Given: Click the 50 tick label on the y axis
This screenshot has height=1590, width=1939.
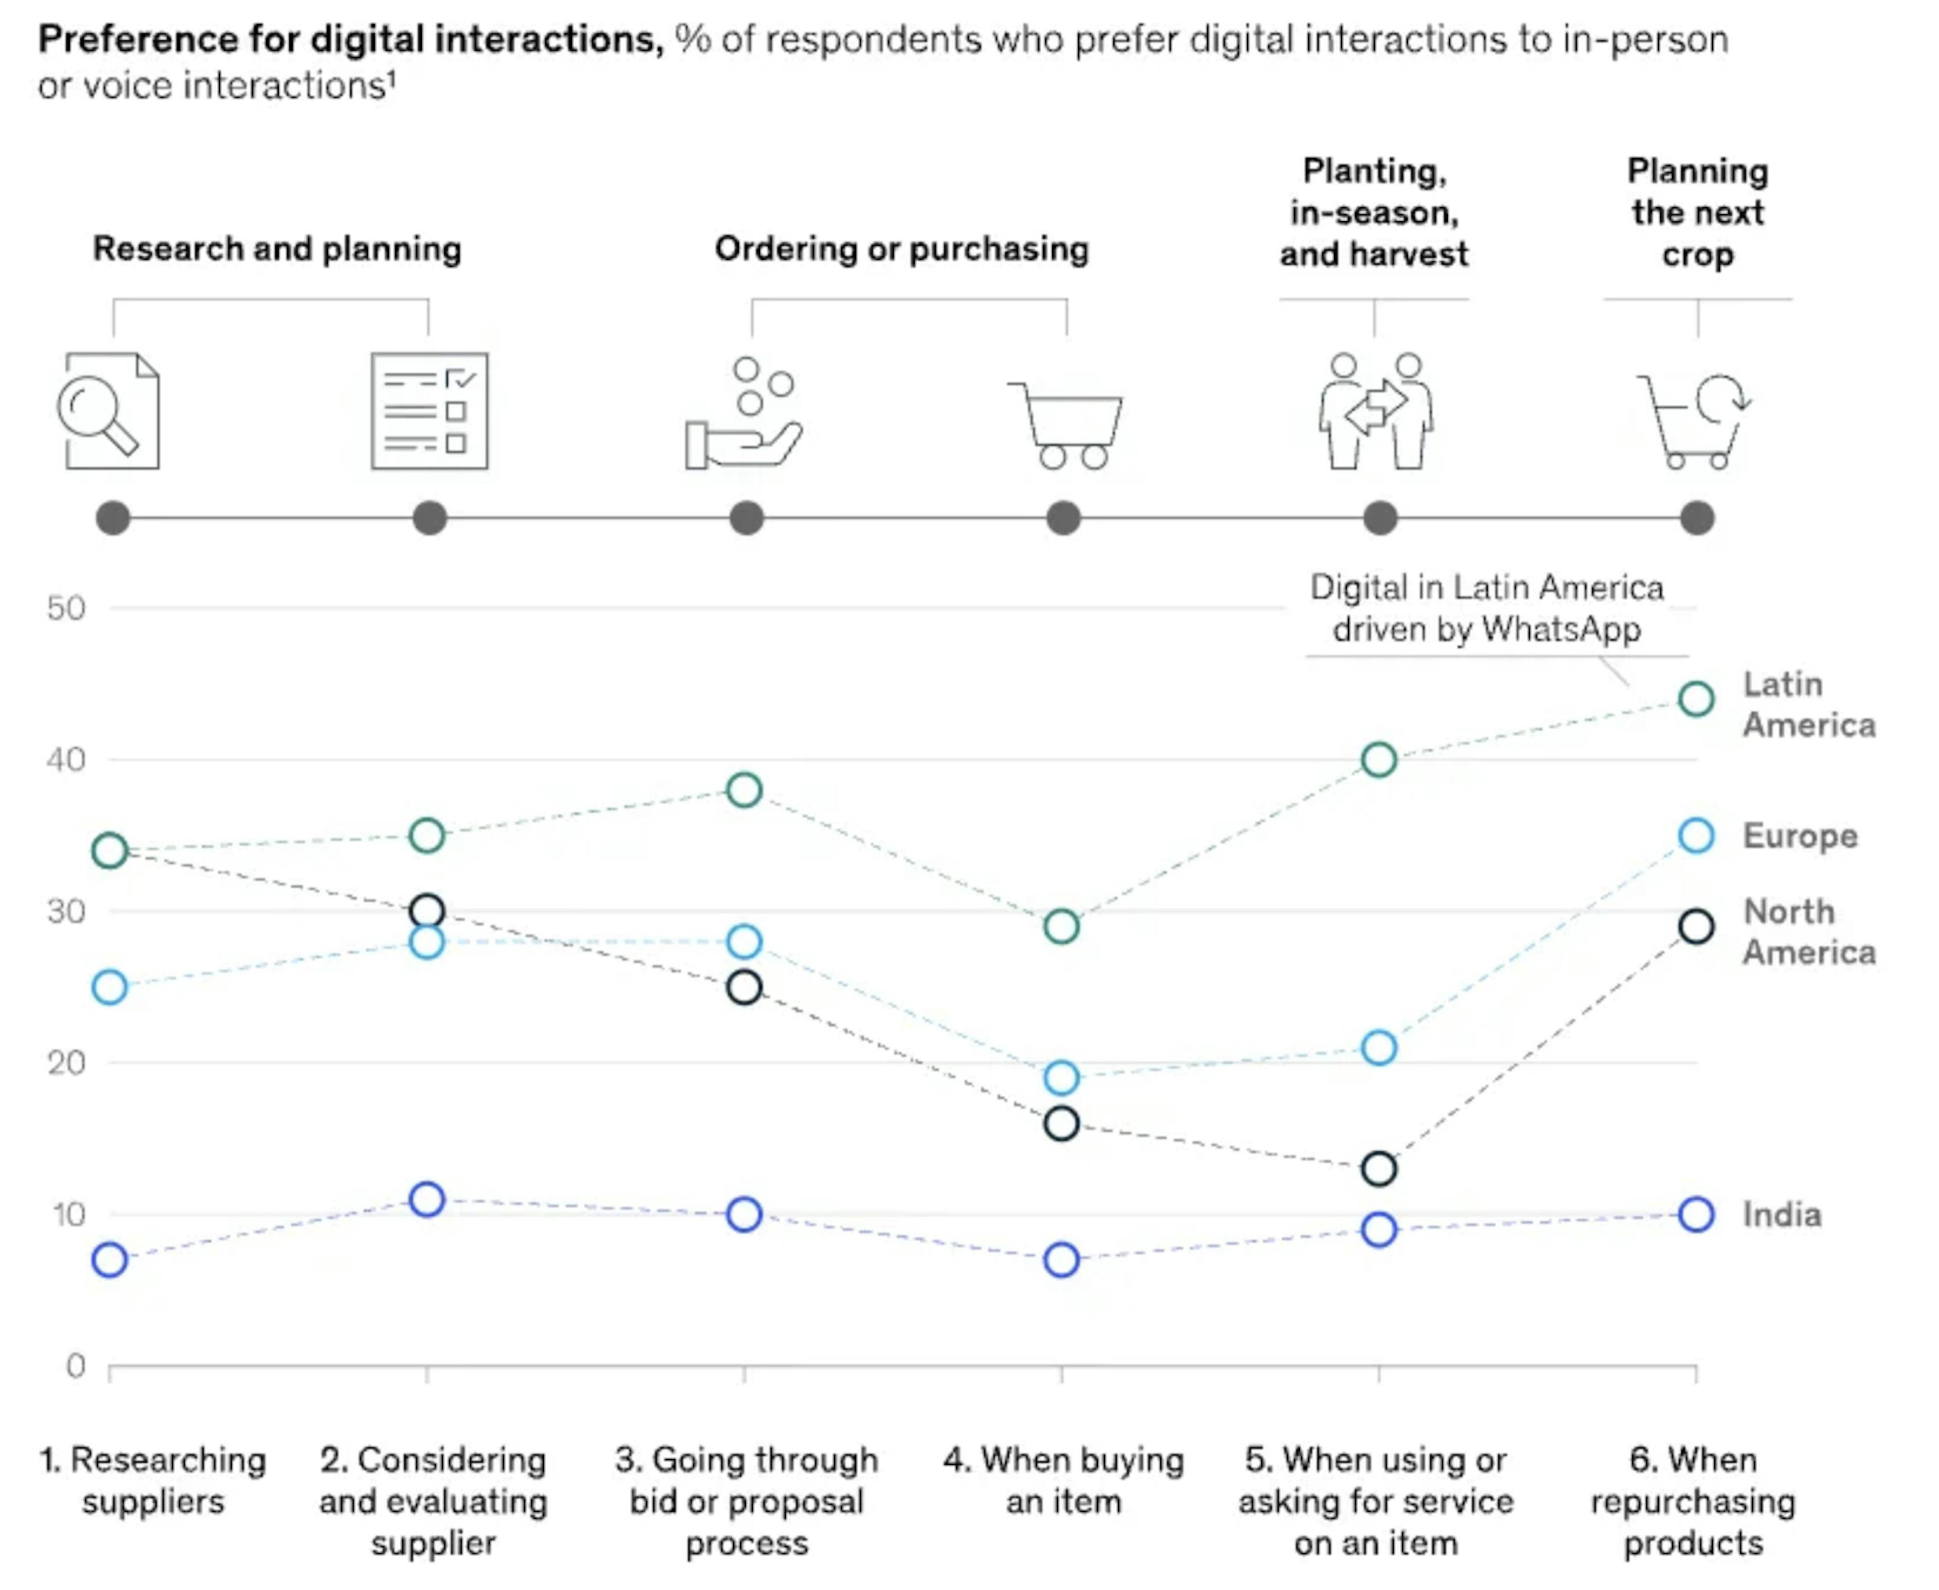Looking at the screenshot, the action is [66, 608].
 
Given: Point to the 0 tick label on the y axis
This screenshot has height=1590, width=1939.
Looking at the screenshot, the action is [76, 1367].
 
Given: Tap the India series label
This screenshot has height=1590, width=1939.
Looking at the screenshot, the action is [1781, 1215].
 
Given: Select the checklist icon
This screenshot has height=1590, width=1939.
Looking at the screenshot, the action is [429, 410].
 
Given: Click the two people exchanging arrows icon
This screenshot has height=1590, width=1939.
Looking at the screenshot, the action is [1376, 410].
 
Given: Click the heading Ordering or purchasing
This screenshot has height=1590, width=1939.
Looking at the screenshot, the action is [902, 249].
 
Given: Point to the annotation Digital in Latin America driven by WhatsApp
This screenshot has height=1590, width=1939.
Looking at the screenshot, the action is [1487, 608].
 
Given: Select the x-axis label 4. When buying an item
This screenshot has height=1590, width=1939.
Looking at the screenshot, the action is [1064, 1481].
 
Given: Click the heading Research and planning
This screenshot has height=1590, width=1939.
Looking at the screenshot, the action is [277, 249].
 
